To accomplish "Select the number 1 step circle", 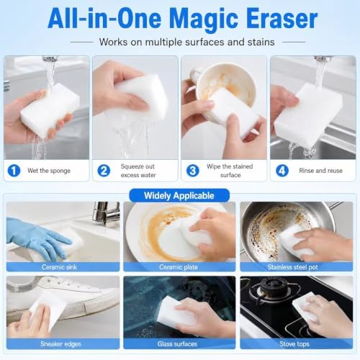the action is coord(14,171).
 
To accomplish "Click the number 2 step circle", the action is coord(104,171).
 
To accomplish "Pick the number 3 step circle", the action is coord(193,171).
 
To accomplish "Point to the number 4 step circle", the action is coord(282,171).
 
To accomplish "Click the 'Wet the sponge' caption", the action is coord(49,171).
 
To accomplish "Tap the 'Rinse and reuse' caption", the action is coord(320,171).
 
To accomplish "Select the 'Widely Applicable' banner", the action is coord(179,196).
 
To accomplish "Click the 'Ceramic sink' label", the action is coord(59,267).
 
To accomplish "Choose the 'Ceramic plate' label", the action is coord(179,267).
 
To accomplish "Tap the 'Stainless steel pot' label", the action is coord(292,267).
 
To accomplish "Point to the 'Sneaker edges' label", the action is coord(60,344).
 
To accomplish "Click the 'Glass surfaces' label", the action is coord(177,344).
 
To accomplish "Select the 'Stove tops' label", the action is coord(294,344).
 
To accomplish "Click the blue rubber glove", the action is coord(38,238).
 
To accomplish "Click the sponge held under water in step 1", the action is coord(50,110).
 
